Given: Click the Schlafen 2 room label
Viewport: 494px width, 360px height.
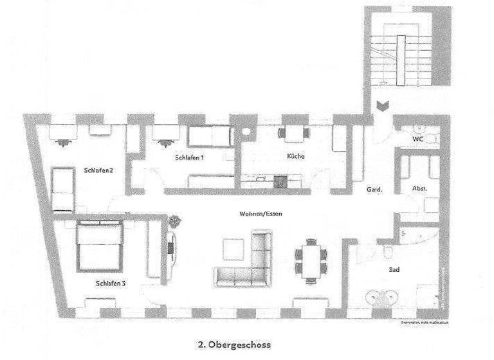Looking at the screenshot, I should click(98, 170).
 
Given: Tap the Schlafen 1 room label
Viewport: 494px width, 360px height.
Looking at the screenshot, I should click(189, 157).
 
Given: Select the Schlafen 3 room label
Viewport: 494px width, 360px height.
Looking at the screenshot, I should click(110, 282).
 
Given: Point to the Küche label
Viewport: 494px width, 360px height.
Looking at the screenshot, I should click(296, 156).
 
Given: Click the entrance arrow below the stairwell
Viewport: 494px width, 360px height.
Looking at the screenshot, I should click(381, 107).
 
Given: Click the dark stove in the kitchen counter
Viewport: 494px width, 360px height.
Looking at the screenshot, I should click(280, 181).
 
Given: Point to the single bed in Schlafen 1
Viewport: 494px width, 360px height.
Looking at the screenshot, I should click(209, 136).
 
